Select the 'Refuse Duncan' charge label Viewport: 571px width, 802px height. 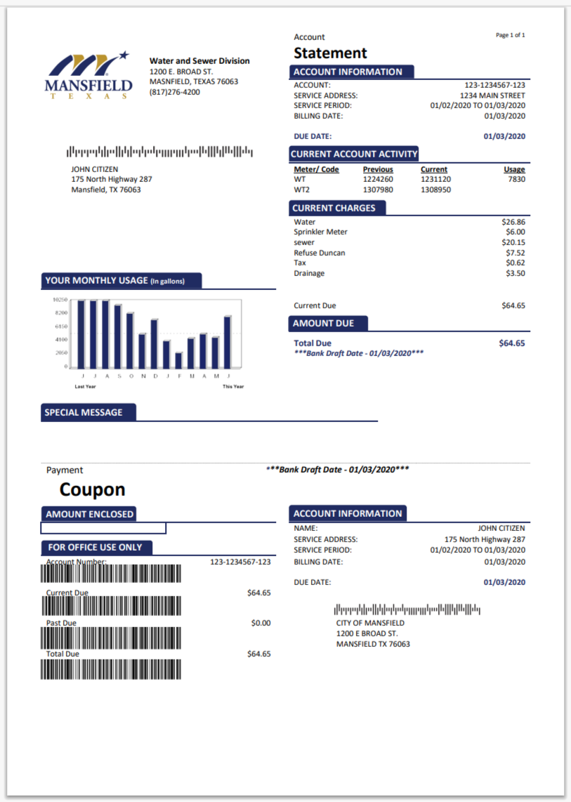(x=320, y=253)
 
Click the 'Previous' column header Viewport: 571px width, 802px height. (x=378, y=170)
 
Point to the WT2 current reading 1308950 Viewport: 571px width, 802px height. (x=435, y=190)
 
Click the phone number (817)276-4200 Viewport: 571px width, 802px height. (x=175, y=92)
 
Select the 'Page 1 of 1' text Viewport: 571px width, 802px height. (x=510, y=35)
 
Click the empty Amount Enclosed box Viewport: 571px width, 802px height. (x=103, y=528)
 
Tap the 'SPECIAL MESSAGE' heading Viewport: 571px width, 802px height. (x=84, y=413)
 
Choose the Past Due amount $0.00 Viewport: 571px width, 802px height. (x=261, y=623)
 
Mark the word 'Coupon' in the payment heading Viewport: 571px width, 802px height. (x=92, y=489)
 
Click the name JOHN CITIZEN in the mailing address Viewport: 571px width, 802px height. (x=95, y=169)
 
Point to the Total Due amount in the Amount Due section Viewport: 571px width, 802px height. (x=511, y=343)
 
